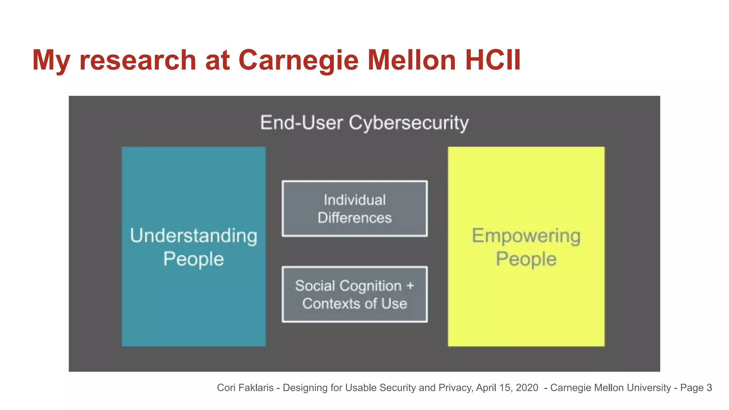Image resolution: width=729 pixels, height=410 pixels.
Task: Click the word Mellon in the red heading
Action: [x=411, y=60]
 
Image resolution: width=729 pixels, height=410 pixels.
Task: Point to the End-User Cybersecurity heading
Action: [x=364, y=123]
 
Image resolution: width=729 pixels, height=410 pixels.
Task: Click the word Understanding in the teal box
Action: [x=194, y=236]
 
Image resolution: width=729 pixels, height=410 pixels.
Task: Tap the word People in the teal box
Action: [x=194, y=259]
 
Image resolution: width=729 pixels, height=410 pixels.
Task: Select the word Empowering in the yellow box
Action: [x=526, y=236]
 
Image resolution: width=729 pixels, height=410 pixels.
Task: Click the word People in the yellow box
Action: [x=526, y=259]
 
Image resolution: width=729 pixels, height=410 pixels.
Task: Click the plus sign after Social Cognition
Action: [x=410, y=286]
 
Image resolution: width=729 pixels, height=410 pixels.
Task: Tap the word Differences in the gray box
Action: [x=355, y=218]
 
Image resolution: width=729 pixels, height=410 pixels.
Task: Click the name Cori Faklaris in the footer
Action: [x=245, y=388]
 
